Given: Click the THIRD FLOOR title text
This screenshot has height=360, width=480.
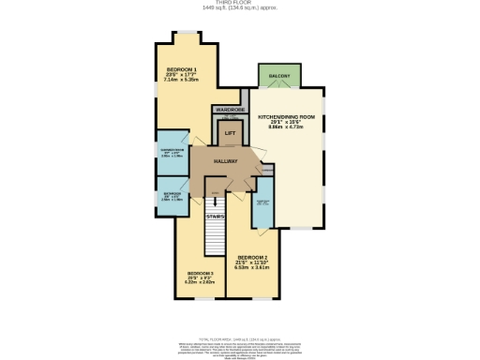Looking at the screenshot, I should [x=240, y=4].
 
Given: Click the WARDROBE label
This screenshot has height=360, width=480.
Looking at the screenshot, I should [x=230, y=110].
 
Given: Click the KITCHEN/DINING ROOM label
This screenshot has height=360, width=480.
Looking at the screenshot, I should [x=286, y=117].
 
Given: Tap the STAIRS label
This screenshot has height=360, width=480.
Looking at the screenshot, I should [x=215, y=217].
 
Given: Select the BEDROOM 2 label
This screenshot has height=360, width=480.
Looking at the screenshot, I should [x=253, y=257].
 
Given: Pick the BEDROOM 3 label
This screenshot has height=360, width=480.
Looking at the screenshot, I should [x=201, y=273].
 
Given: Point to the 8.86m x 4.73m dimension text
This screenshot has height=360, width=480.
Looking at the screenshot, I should [x=286, y=128].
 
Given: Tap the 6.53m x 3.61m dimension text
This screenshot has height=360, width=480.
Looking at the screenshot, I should [x=253, y=267].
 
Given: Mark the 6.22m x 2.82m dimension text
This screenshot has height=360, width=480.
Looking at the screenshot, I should [x=201, y=283].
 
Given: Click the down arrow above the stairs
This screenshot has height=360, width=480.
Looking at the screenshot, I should [x=215, y=198].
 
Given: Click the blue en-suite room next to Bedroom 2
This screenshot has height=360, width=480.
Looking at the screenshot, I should [x=263, y=204].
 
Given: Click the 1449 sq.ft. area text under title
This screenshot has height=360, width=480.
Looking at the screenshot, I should [x=240, y=9].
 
